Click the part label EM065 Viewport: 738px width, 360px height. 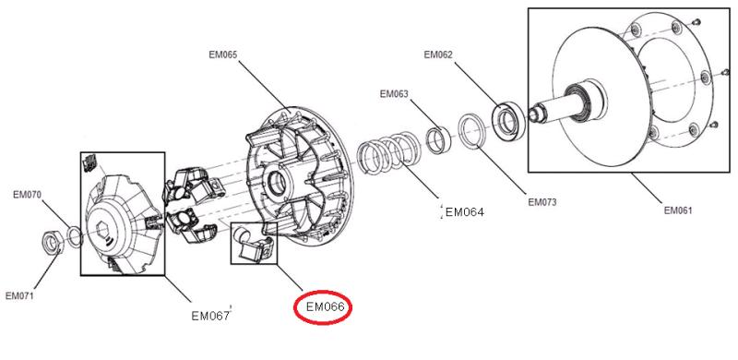click(223, 54)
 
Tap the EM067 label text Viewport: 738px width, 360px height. click(210, 316)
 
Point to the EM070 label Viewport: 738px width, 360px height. click(28, 195)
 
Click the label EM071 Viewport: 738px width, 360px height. click(19, 296)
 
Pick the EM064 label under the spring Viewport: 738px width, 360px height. click(465, 212)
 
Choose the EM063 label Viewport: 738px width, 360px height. click(395, 94)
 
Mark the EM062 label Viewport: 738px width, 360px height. click(438, 54)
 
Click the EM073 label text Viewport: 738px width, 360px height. click(542, 202)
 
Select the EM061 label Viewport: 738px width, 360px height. click(678, 210)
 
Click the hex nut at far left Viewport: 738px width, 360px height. click(52, 242)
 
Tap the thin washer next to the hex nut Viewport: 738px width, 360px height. click(76, 237)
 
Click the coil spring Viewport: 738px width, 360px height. click(387, 153)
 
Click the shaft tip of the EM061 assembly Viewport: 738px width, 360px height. click(533, 114)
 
